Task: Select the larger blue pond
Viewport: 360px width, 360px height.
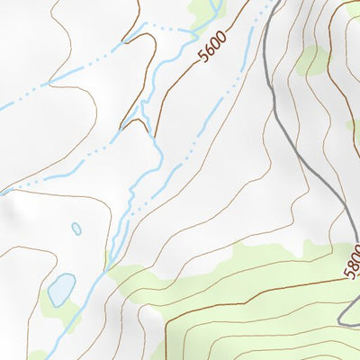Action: (x=61, y=290)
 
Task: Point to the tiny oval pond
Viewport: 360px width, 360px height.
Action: (x=76, y=229)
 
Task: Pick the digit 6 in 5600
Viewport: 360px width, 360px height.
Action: (x=211, y=49)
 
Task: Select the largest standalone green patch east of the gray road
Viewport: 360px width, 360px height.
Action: (x=313, y=60)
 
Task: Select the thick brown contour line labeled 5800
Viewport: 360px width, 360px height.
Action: (x=270, y=290)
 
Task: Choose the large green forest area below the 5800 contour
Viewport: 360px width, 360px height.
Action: (x=252, y=270)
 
